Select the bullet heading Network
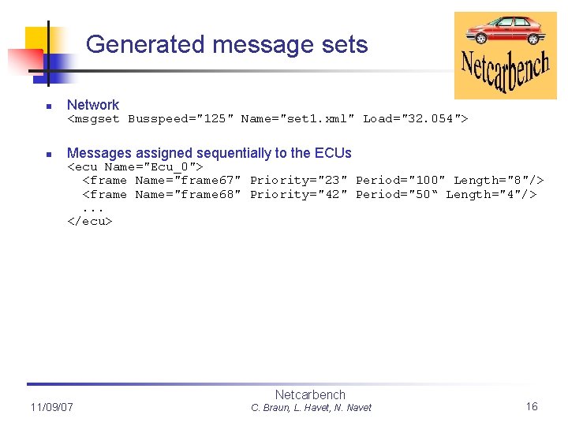(93, 105)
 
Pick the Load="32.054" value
(412, 119)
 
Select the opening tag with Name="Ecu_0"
(136, 166)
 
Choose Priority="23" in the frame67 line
(298, 181)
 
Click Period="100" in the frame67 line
(400, 181)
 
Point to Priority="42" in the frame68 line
(298, 195)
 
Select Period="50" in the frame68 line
(396, 195)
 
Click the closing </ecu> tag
(90, 222)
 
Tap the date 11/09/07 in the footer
(51, 407)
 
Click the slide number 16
(532, 406)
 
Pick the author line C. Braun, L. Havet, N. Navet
(311, 408)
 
